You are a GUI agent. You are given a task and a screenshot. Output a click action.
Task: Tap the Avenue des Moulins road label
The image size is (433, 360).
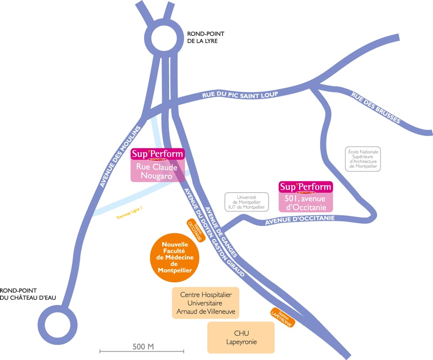click(120, 156)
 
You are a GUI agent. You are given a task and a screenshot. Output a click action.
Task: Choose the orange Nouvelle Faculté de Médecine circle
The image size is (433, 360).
click(175, 256)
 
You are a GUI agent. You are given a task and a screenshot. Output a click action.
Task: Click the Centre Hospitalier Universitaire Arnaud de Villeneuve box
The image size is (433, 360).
click(205, 303)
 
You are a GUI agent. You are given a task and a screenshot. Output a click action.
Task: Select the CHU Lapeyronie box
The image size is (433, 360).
click(241, 337)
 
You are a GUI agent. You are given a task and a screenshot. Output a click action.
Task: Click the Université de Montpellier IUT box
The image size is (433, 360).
click(247, 202)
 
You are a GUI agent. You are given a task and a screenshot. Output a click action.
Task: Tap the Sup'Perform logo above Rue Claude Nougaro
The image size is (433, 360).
click(157, 155)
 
